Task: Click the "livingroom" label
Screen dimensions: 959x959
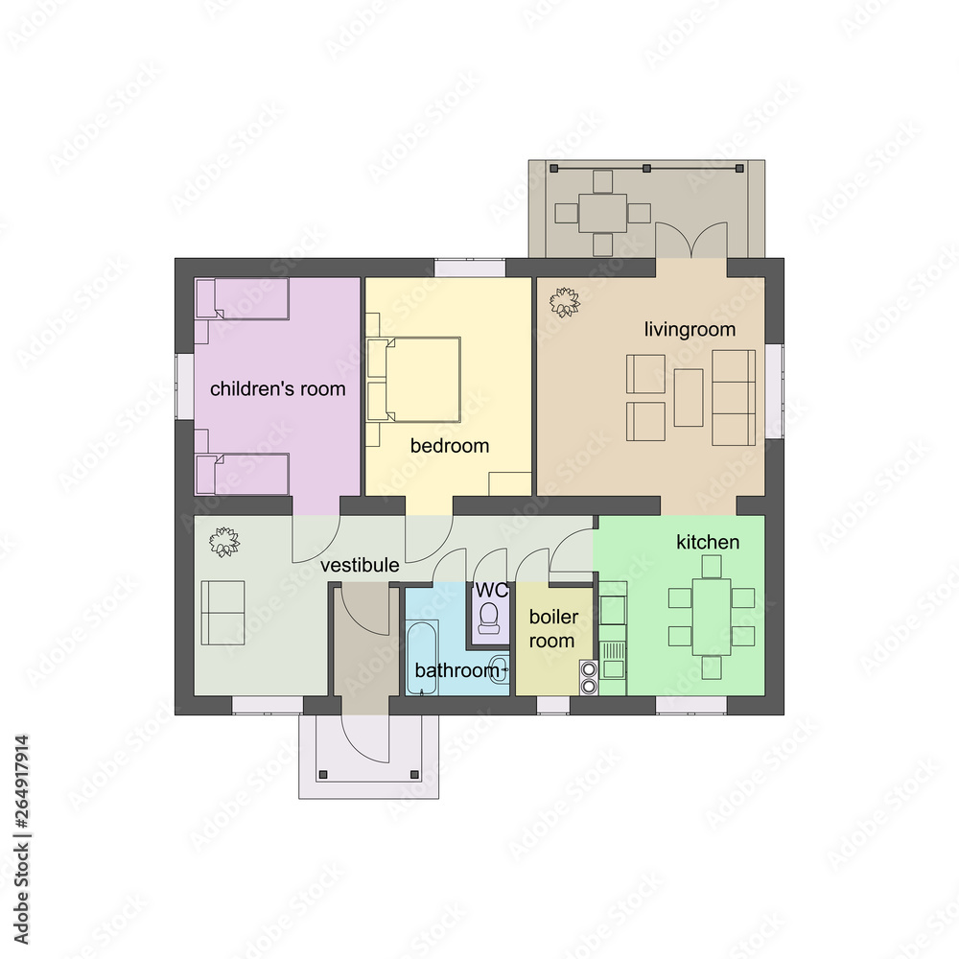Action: coord(690,330)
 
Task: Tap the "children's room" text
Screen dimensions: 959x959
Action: coord(277,389)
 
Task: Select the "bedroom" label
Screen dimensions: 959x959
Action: coord(450,446)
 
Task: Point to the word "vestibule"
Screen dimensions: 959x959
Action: coord(360,566)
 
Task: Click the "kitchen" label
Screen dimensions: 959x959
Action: coord(708,543)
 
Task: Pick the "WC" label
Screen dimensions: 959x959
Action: coord(491,589)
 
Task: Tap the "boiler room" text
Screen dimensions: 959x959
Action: coord(552,629)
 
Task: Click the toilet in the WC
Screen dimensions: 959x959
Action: coord(490,617)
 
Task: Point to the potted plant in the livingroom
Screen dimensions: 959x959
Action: coord(565,303)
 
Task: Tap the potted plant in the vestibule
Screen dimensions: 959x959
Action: coord(225,542)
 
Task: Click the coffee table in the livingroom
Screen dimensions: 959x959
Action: coord(689,397)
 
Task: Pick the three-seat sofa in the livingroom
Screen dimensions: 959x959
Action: coord(734,396)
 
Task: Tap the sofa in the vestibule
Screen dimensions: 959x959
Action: coord(222,612)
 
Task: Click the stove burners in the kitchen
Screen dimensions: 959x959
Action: coord(589,677)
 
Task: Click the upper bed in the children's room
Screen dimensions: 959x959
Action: coord(244,299)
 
